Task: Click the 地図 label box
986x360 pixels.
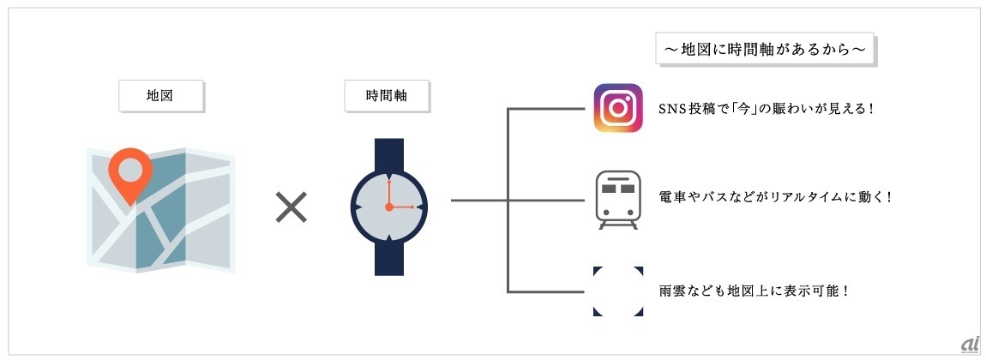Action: (160, 96)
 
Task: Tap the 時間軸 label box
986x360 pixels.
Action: (387, 96)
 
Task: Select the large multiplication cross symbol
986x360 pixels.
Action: (291, 207)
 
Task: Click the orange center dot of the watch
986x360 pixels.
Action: (388, 207)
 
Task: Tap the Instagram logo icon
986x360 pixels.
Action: (618, 108)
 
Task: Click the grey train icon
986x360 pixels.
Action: (618, 199)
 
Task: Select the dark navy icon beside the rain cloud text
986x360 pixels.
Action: (618, 291)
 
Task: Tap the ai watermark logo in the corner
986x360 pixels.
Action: (970, 343)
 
